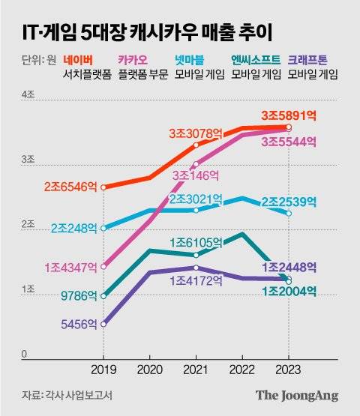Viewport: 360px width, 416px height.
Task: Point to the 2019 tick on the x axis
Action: tap(103, 369)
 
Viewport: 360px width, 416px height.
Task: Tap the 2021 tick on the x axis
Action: tap(196, 369)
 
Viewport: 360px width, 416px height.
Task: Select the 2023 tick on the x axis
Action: tap(289, 369)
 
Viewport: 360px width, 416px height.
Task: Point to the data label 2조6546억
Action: tap(70, 185)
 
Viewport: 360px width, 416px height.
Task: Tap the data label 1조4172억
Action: tap(196, 281)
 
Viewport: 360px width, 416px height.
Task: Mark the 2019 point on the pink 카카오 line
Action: tap(103, 265)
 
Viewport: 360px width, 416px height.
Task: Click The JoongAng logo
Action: tap(297, 396)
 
